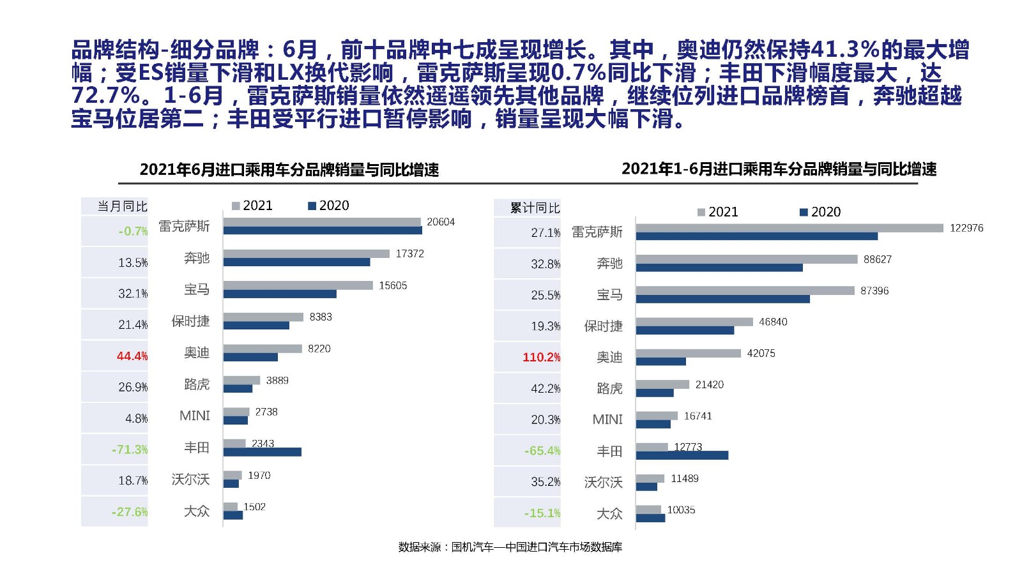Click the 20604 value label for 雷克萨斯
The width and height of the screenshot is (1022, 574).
tap(440, 222)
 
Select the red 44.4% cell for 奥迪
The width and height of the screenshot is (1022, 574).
tap(132, 356)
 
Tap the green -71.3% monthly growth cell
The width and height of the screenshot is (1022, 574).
tap(130, 449)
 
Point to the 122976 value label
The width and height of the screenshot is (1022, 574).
tap(966, 228)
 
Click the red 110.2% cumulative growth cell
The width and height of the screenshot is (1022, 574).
tap(541, 357)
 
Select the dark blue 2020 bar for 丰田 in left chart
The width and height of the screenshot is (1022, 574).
tap(262, 452)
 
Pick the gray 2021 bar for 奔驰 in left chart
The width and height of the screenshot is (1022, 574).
tap(306, 253)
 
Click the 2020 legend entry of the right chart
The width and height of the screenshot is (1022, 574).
tap(820, 212)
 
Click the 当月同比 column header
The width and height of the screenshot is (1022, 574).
tap(122, 206)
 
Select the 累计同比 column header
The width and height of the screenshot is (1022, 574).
tap(535, 208)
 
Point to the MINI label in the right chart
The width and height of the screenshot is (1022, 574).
tap(607, 419)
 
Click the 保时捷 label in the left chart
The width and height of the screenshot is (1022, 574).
tap(190, 321)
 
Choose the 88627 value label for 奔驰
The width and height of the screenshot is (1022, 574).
tap(877, 259)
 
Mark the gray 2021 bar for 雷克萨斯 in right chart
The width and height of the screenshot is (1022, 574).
tap(789, 228)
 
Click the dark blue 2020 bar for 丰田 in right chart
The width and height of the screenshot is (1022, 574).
tap(682, 455)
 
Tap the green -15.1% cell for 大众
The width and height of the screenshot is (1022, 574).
tap(542, 513)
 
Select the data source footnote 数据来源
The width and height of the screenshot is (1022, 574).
tap(510, 547)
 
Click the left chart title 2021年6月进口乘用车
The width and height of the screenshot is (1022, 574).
tap(289, 170)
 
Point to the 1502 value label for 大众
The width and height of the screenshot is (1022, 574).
tap(254, 507)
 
